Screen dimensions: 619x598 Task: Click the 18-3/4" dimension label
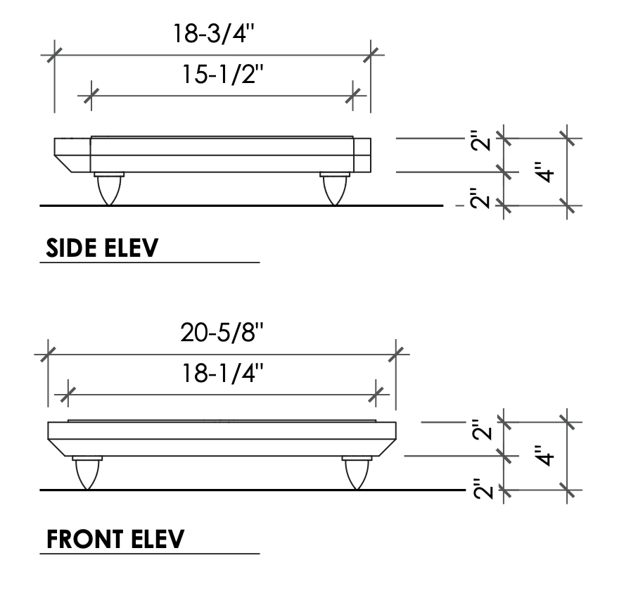(214, 33)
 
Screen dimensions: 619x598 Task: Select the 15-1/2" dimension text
(222, 74)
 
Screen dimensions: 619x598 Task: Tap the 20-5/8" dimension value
(222, 332)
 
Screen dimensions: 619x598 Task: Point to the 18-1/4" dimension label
(222, 373)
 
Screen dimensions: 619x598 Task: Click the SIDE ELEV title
(102, 248)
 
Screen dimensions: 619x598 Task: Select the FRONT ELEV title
(115, 539)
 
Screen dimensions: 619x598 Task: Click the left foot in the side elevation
(109, 189)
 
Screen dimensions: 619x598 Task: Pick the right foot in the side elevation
(335, 189)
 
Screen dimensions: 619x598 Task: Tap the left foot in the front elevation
(87, 473)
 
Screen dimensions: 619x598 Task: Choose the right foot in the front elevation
(357, 473)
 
